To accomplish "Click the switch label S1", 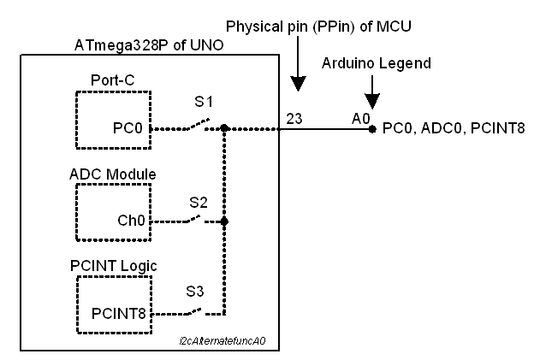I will (x=203, y=102).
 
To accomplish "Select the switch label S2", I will (x=199, y=202).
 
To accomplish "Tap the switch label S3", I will (x=196, y=291).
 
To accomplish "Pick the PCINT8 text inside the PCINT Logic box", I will (x=119, y=314).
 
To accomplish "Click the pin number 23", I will (x=294, y=119).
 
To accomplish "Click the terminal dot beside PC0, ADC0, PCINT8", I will (x=371, y=130).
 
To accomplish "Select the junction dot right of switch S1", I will (x=223, y=130).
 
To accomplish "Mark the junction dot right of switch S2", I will (x=223, y=221).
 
